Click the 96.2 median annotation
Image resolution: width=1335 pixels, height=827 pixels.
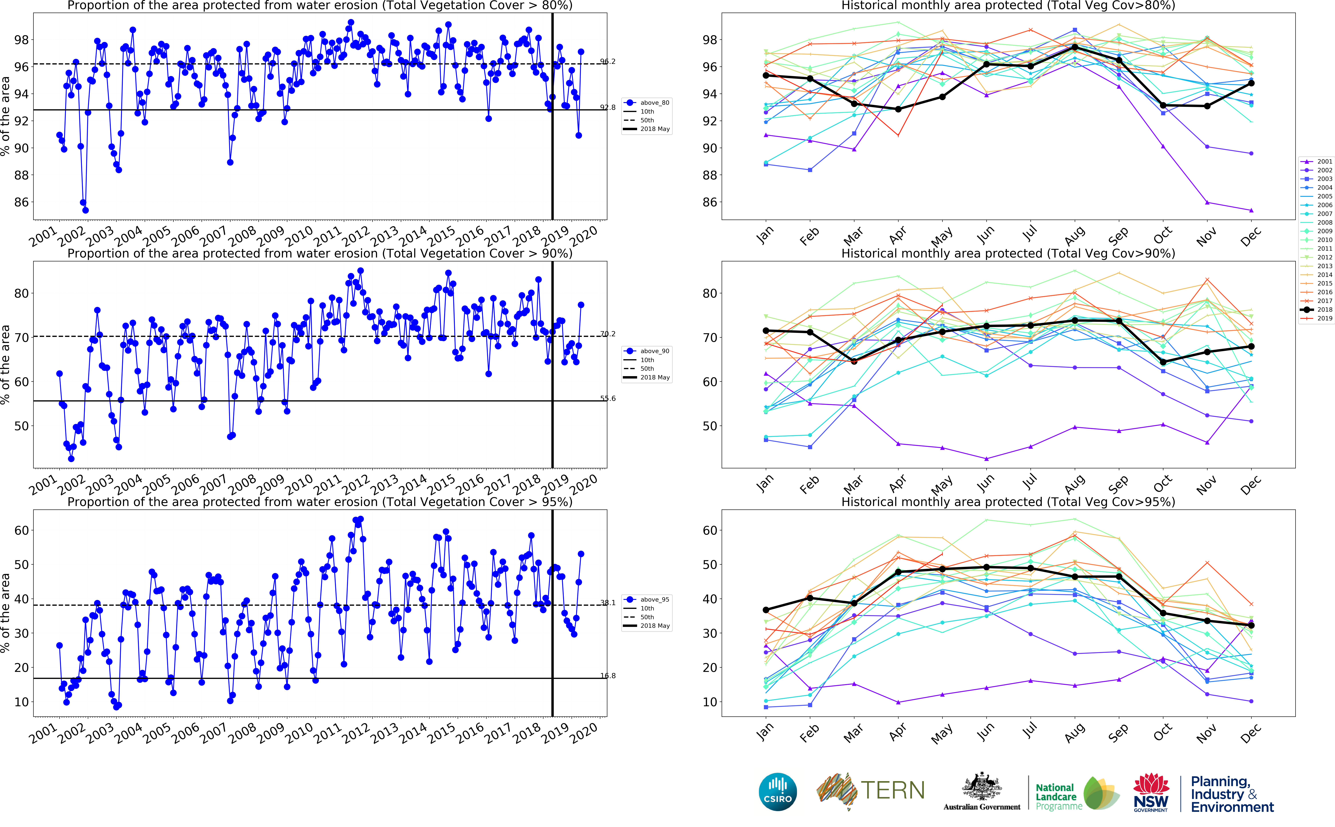pos(608,61)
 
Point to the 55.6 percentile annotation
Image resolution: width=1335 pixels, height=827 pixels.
pos(608,398)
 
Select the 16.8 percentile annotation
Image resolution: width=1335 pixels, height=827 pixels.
pos(608,675)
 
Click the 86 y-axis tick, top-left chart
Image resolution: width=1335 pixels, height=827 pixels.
pos(21,202)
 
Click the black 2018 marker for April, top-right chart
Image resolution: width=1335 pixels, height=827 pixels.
pos(898,109)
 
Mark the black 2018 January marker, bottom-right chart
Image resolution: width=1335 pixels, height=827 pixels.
pos(766,610)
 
